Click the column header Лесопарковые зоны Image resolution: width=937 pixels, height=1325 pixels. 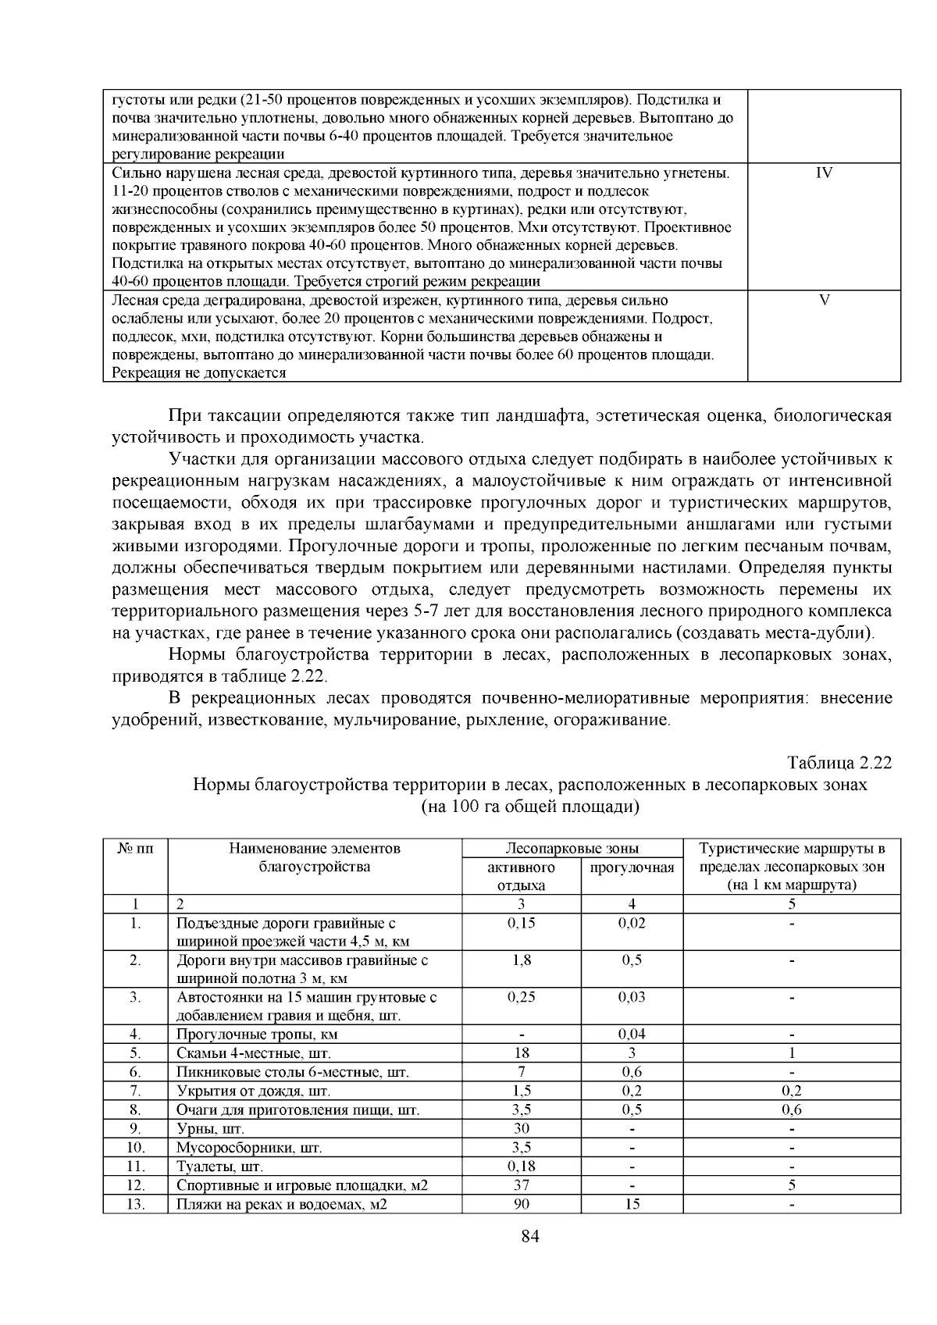click(572, 849)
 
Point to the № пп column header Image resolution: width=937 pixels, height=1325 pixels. click(135, 849)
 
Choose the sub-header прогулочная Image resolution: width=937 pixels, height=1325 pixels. click(632, 867)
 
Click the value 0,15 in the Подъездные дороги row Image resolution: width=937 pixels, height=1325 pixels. click(521, 923)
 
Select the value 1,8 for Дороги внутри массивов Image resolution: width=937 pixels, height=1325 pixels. click(521, 960)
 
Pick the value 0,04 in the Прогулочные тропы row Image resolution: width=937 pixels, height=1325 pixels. click(632, 1035)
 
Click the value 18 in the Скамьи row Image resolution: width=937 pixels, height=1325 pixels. click(521, 1053)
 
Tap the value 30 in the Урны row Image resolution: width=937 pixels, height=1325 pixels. click(521, 1128)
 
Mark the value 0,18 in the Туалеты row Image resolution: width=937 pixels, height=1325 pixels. click(521, 1166)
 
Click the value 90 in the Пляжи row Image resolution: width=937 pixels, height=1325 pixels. click(521, 1203)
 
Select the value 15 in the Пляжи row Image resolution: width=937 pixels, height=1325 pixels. click(632, 1203)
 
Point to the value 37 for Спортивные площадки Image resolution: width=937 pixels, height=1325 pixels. click(521, 1184)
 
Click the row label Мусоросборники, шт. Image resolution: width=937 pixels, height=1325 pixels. click(249, 1147)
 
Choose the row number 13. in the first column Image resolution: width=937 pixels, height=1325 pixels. click(136, 1203)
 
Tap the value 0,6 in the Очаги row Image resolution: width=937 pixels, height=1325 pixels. click(792, 1110)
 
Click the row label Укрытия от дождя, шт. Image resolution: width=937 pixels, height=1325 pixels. click(254, 1091)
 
